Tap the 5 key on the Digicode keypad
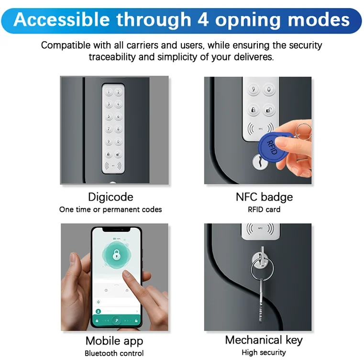pos(109,116)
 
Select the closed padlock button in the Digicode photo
pos(109,155)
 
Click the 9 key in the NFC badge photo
pos(254,90)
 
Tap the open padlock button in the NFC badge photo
pos(269,111)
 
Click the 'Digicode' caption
pos(110,197)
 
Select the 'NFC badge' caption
pos(264,197)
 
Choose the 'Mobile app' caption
pos(114,341)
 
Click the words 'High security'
pos(264,352)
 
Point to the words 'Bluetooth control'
pos(114,353)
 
